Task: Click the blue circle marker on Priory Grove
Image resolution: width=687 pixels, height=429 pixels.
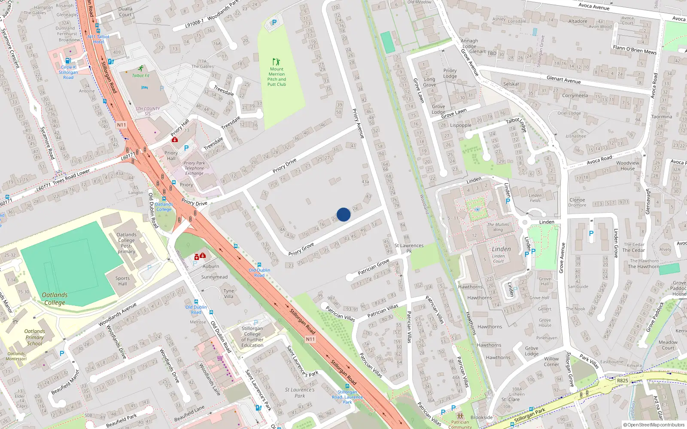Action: pos(343,214)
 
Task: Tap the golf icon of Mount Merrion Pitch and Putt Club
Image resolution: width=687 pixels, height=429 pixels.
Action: pos(276,62)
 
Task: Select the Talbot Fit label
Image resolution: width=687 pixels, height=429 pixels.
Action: pos(141,76)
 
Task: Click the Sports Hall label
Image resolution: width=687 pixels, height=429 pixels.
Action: pos(122,281)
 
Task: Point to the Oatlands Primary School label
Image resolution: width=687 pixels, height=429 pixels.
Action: pos(34,337)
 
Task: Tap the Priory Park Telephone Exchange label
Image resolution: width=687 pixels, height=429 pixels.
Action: pos(195,168)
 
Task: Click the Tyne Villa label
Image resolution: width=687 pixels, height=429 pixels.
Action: pos(228,293)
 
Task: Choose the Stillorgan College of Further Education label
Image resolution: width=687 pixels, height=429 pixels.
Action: pos(252,337)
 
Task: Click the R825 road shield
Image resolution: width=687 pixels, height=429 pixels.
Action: pos(622,381)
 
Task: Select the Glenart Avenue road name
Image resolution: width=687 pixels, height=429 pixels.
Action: pos(563,79)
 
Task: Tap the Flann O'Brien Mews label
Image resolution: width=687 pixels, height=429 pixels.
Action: pos(635,50)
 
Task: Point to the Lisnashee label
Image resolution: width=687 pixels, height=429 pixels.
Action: pos(576,136)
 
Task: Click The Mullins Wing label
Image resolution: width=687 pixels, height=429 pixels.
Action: pos(498,227)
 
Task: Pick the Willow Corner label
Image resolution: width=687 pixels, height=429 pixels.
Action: pos(551,362)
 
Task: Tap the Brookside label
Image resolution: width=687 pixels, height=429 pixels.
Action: pos(481,417)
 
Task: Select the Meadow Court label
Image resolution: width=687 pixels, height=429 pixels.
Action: pos(668,345)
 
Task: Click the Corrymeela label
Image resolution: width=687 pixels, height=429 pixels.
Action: pos(575,95)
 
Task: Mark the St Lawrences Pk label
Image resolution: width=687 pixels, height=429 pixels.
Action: pos(409,248)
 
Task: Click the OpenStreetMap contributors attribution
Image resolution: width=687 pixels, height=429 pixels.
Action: pos(654,425)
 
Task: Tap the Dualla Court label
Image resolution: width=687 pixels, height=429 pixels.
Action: pos(125,12)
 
